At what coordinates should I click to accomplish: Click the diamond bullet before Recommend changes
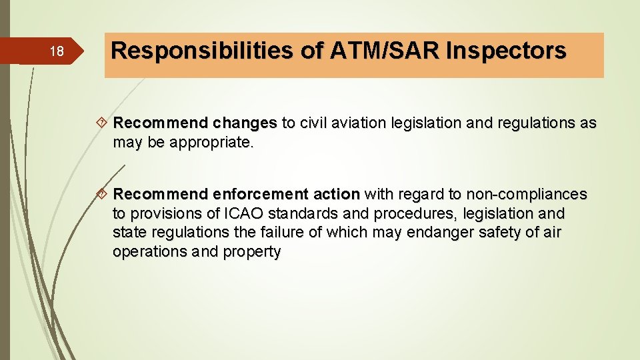pyautogui.click(x=103, y=123)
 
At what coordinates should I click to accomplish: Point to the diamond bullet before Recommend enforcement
pyautogui.click(x=103, y=194)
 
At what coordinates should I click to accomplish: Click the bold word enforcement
pyautogui.click(x=259, y=194)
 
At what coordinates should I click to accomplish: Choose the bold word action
pyautogui.click(x=336, y=194)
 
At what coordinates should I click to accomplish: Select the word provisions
pyautogui.click(x=159, y=213)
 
